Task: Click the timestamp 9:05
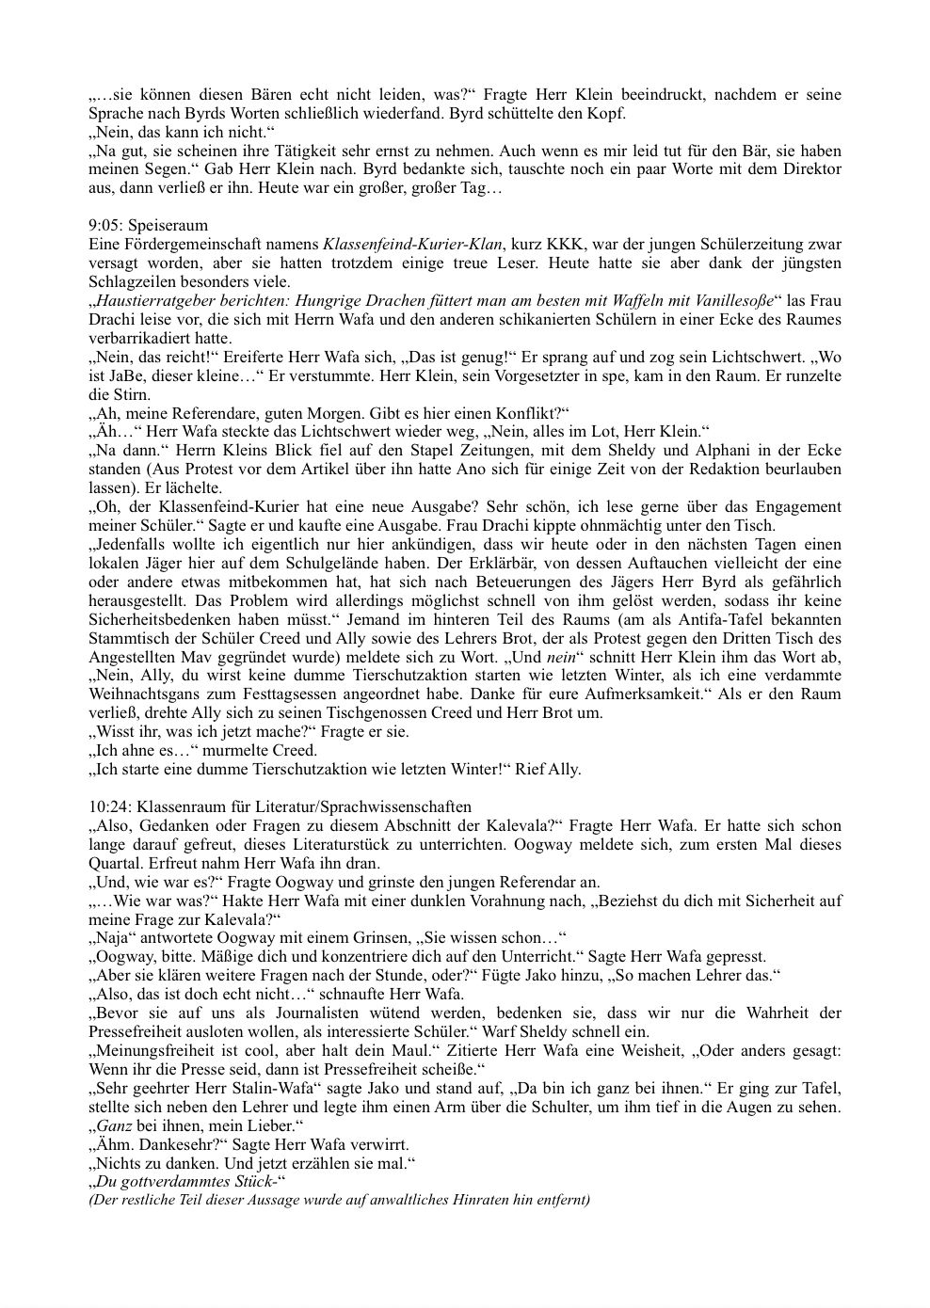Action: pyautogui.click(x=104, y=226)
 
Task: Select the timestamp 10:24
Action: pyautogui.click(x=109, y=806)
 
